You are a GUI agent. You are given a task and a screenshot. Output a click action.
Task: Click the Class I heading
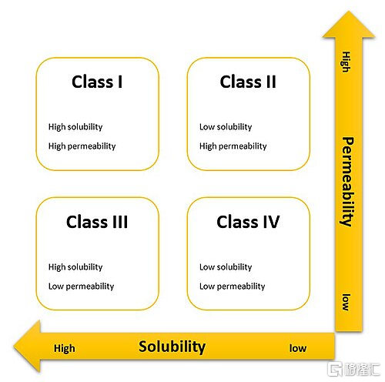[97, 82]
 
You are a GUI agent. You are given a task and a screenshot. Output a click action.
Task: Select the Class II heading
[248, 82]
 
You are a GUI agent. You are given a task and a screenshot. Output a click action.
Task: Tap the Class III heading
[97, 222]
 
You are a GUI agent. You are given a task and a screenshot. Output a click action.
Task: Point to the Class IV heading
[248, 222]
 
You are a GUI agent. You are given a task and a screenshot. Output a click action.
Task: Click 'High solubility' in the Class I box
[75, 127]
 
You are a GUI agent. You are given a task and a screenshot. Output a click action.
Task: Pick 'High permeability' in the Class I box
[82, 146]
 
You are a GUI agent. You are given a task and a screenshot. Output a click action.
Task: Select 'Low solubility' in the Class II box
[226, 127]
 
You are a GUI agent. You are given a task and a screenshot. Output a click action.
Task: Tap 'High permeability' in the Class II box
[233, 146]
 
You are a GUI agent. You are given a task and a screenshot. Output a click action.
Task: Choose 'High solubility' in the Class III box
[75, 267]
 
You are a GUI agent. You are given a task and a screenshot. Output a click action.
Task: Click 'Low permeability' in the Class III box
[82, 286]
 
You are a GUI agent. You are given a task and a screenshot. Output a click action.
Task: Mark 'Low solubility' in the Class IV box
[226, 267]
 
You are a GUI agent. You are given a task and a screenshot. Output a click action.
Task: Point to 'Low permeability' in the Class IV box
[233, 286]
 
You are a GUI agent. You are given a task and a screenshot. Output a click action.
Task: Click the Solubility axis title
[172, 347]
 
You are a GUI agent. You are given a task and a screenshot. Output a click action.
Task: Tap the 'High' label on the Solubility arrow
[65, 349]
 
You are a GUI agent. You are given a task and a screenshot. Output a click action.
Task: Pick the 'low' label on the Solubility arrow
[298, 348]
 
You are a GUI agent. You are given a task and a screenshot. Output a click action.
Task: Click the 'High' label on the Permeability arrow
[346, 62]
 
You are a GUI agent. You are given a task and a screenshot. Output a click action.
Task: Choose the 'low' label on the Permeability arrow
[346, 302]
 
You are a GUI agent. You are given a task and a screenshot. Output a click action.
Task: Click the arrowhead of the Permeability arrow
[349, 25]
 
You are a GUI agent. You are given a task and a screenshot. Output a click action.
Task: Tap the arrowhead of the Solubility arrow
[28, 346]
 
